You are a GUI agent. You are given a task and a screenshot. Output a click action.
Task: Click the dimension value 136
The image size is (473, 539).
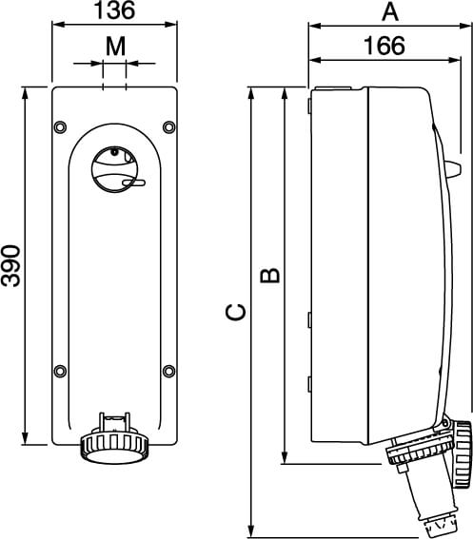pos(114,11)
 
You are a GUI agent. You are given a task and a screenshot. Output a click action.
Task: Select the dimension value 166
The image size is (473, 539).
pos(384,45)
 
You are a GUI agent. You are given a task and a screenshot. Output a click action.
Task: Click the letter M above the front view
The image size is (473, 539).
pos(114,45)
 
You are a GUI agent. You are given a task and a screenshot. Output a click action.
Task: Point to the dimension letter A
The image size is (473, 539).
pos(388,11)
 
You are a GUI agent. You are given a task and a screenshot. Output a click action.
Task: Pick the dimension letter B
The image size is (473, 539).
pos(270,276)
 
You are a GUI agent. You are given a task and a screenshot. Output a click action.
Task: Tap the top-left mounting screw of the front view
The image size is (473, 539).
pos(61,126)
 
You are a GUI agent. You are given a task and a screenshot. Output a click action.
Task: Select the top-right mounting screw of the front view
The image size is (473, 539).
pos(168,126)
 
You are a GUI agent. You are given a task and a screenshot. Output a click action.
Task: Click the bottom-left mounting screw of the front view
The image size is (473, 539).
pos(61,370)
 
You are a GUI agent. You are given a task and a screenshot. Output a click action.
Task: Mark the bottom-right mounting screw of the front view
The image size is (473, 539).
pos(168,370)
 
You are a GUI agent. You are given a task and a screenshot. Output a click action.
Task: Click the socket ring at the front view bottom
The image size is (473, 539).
pos(114,446)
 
